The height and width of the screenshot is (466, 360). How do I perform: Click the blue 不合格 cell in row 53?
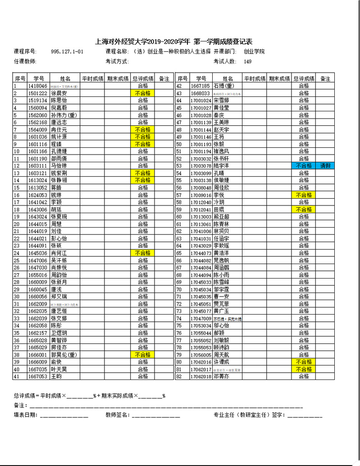click(304, 166)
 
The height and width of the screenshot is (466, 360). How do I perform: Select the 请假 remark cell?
click(325, 166)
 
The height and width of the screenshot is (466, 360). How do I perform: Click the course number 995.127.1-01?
click(67, 52)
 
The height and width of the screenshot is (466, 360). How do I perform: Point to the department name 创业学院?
click(254, 52)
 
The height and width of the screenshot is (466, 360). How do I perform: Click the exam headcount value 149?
click(248, 62)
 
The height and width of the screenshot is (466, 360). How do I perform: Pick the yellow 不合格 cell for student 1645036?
click(143, 253)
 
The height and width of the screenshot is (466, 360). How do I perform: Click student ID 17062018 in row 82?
click(201, 376)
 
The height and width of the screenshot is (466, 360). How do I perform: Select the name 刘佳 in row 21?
click(56, 231)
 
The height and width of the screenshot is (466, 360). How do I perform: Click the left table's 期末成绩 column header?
click(118, 78)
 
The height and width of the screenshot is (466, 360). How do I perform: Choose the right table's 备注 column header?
click(325, 78)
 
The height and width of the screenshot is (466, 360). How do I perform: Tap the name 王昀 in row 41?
click(56, 376)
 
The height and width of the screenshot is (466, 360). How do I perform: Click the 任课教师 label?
click(25, 62)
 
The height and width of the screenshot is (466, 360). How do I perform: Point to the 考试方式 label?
click(117, 62)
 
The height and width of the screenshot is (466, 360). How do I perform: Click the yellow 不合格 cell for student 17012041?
click(304, 210)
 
